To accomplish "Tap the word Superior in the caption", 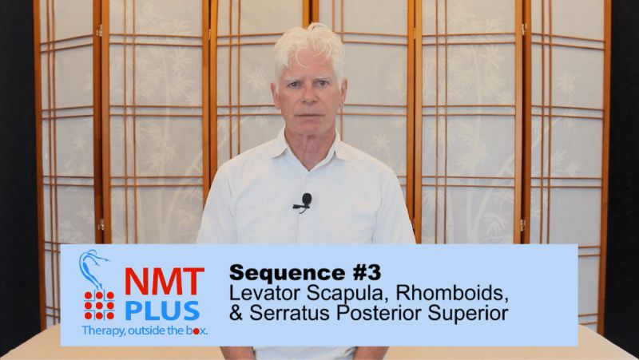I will (x=469, y=313).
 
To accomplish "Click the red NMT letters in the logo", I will (x=164, y=282).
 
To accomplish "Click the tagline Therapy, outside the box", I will (x=144, y=330).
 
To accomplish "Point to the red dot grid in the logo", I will (x=98, y=305).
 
